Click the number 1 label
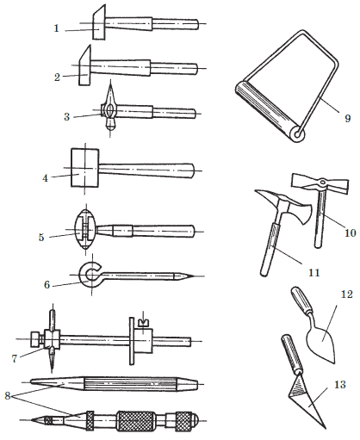[x=57, y=28]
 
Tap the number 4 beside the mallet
[x=45, y=178]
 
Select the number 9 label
[x=348, y=118]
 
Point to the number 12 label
[x=346, y=294]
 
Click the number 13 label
[x=340, y=384]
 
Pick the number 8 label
[x=8, y=396]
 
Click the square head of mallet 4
[x=84, y=168]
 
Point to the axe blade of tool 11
[x=303, y=213]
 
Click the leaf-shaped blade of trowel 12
[x=321, y=341]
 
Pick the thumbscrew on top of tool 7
[x=143, y=323]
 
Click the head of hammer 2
[x=84, y=65]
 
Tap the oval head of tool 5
[x=85, y=230]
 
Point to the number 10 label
[x=351, y=232]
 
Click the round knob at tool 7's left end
[x=36, y=339]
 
